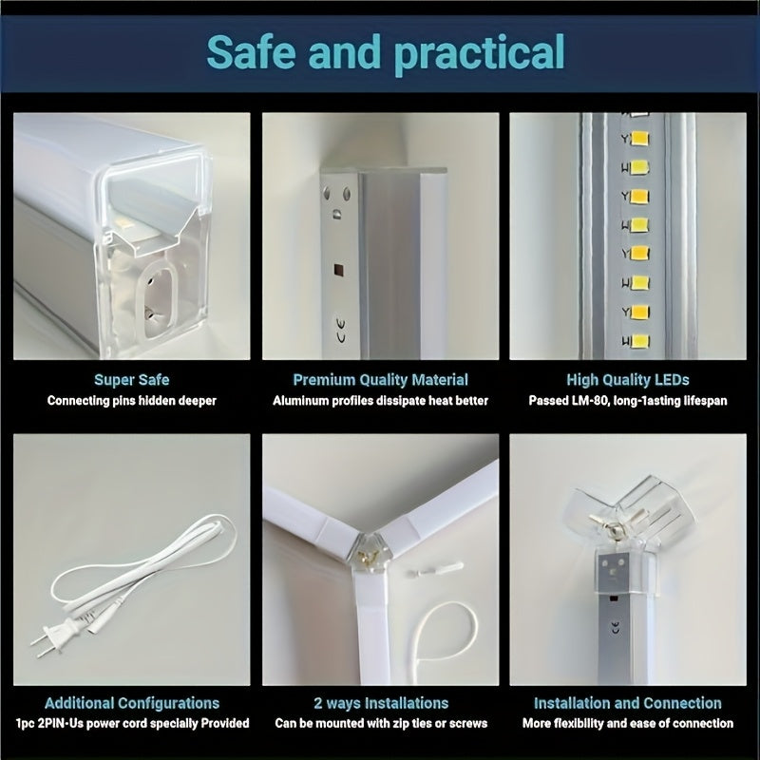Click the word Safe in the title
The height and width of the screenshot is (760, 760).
pos(251,51)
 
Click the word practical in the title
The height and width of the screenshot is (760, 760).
pos(480,53)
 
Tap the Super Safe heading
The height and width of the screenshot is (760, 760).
pos(132,379)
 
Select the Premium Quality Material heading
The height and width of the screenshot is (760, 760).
pos(381,379)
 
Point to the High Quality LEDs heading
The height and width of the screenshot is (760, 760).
pos(628,379)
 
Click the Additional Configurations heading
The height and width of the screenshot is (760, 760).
pos(132,703)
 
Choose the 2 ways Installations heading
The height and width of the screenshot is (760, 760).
pos(381,703)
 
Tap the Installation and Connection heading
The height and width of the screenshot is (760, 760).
pos(628,703)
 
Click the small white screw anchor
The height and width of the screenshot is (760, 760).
pos(435,568)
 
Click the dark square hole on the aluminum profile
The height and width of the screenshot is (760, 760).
pos(339,271)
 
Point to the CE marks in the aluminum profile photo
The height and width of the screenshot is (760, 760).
pos(341,330)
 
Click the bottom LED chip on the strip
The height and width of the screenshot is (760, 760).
pos(640,341)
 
